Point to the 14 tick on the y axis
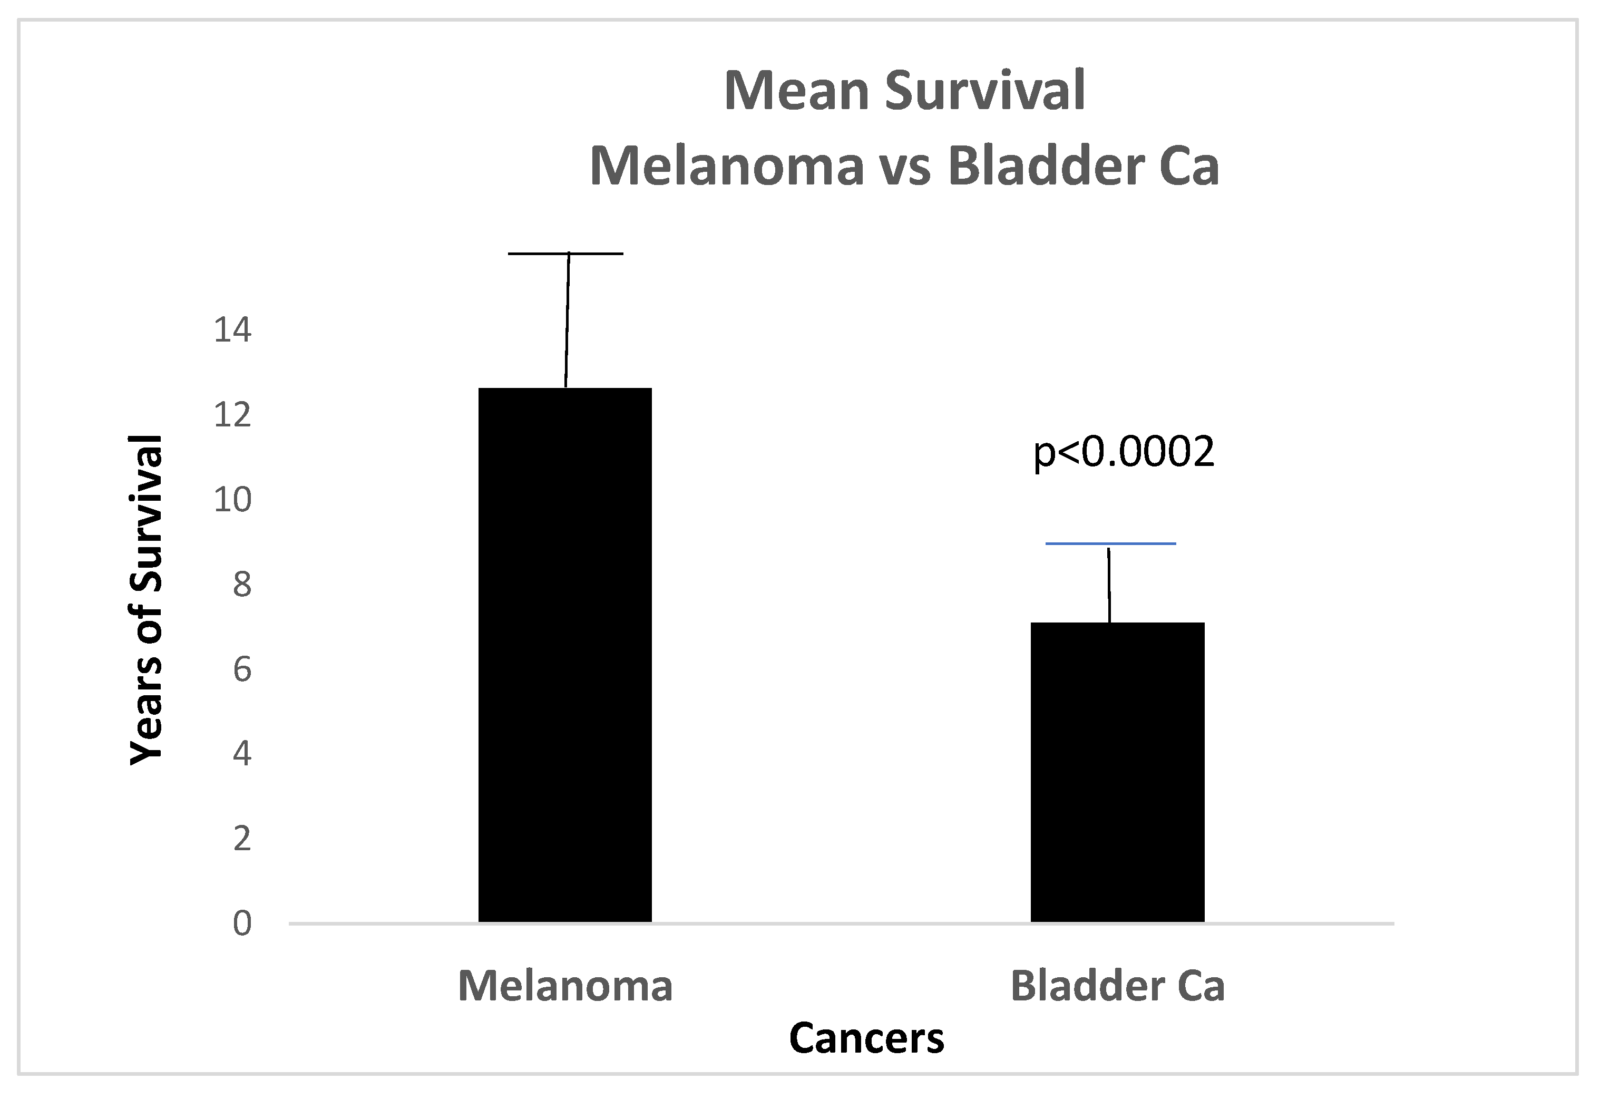click(232, 330)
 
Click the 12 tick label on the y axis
click(232, 415)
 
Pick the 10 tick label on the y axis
click(232, 500)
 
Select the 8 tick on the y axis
click(242, 585)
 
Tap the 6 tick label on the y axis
click(242, 670)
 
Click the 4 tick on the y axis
click(242, 753)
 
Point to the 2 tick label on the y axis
click(242, 839)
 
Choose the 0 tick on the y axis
click(242, 923)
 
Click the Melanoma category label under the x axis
click(565, 986)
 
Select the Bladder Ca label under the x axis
click(1117, 986)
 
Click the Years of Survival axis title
click(147, 600)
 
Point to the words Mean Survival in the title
click(904, 91)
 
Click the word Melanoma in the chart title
click(727, 167)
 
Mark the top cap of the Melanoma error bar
click(565, 254)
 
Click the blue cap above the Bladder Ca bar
click(1110, 544)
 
